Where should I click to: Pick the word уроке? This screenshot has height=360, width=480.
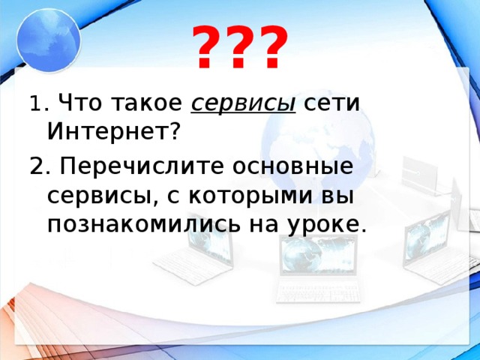pos(325,223)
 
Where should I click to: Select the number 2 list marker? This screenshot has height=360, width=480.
pos(37,163)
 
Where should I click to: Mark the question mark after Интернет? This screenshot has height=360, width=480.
pos(174,132)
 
